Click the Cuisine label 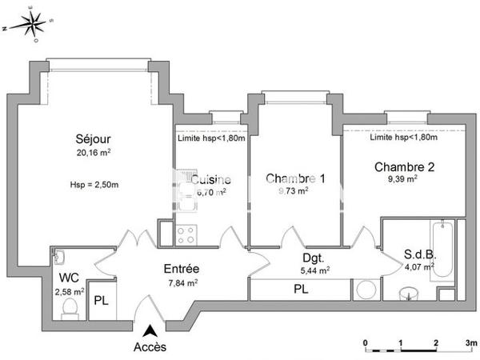click(210, 180)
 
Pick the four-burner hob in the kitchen click(187, 234)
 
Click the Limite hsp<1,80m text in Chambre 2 click(404, 137)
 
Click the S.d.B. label click(418, 256)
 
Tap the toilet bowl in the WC click(69, 306)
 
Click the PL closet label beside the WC click(101, 302)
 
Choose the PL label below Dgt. click(302, 289)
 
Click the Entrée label click(182, 269)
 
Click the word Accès click(150, 346)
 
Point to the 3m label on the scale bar click(471, 342)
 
